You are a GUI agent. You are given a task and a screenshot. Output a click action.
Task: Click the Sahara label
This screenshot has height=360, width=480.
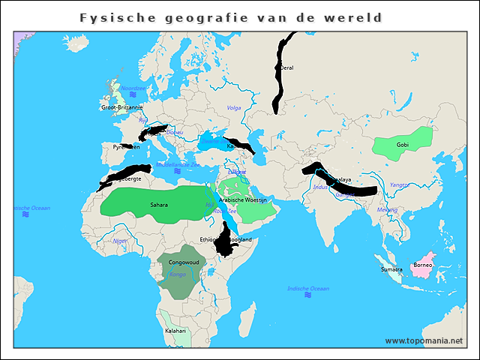(x=159, y=204)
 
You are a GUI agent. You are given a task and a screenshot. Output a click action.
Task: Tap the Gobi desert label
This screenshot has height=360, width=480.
(x=403, y=144)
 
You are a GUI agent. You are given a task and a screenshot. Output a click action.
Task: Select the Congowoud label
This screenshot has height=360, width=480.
(x=184, y=262)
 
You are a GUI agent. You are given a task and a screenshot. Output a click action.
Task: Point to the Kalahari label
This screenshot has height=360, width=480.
(x=175, y=331)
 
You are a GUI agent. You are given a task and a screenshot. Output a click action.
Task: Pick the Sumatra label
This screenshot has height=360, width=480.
(x=391, y=268)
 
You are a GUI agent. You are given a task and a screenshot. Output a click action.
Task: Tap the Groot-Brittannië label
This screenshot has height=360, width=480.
(x=121, y=107)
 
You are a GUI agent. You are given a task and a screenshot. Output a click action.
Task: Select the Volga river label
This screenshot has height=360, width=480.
(x=234, y=108)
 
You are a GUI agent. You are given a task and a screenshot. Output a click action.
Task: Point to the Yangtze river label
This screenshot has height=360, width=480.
(x=399, y=184)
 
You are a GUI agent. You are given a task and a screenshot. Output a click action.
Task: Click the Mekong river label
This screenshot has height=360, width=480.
(x=387, y=209)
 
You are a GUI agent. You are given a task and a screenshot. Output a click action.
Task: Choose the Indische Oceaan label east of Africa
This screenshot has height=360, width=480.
(x=308, y=288)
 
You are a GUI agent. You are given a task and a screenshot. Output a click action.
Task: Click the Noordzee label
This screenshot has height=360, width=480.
(x=132, y=88)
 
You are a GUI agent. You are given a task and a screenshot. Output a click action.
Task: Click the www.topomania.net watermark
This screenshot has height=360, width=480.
(x=424, y=340)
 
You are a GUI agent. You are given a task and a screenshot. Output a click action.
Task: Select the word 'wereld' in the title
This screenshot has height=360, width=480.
(x=357, y=17)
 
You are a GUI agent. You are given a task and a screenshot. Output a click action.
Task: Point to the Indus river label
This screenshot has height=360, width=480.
(x=321, y=187)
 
